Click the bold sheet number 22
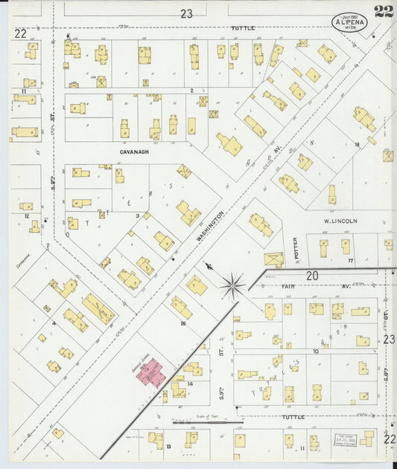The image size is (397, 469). [x=384, y=11]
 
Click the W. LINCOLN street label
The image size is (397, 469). [x=340, y=221]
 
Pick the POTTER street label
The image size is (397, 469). [x=296, y=245]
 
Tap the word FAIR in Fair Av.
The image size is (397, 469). [x=289, y=285]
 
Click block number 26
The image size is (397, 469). [x=182, y=323]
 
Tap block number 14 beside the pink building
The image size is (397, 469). [x=191, y=384]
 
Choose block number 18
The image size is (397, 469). [x=358, y=144]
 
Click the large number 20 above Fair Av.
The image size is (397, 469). [x=313, y=275]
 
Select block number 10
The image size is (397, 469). [x=316, y=351]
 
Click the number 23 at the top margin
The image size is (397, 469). [x=186, y=13]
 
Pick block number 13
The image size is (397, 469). [x=169, y=446]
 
